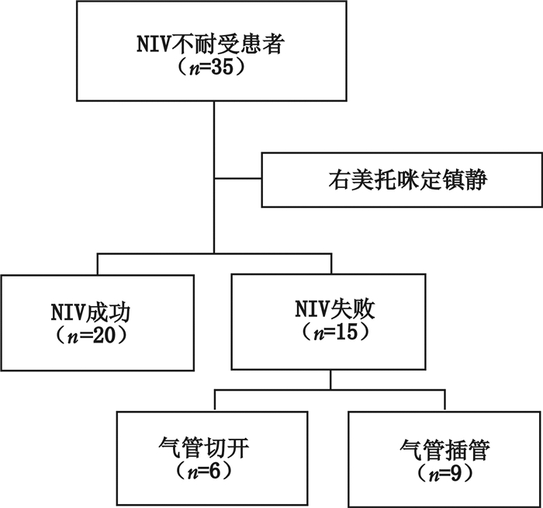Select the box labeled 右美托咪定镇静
coord(401,179)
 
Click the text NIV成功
coord(96,313)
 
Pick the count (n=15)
coord(330,335)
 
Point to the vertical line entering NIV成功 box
coord(97,264)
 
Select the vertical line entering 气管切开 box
coord(214,399)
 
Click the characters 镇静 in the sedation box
coord(471,179)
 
